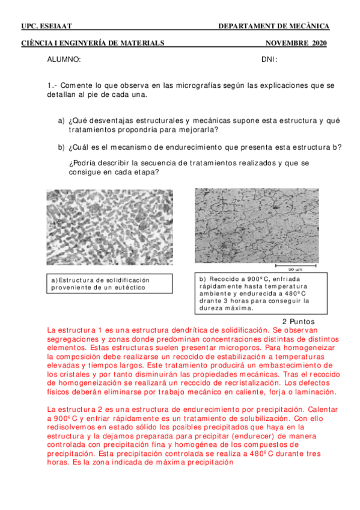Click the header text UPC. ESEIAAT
pos(46,26)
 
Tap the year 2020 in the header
pos(320,43)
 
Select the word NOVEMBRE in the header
pos(287,43)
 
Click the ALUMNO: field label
pos(64,60)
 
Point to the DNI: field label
pos(269,60)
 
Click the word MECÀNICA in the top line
pos(310,26)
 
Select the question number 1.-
pos(52,85)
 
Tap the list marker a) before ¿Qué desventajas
pos(61,121)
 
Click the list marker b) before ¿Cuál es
pos(61,147)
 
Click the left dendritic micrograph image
pos(109,227)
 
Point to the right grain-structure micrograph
pos(260,226)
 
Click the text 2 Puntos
pos(299,321)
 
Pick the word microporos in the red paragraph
pos(204,348)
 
